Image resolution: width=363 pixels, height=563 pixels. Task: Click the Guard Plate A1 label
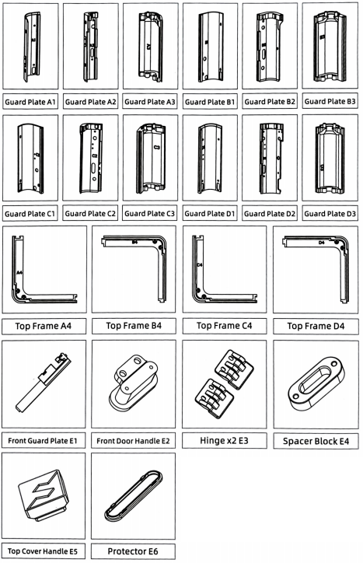click(x=30, y=102)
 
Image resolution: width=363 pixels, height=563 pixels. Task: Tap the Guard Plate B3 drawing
click(x=330, y=47)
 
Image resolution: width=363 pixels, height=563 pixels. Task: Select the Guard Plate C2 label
click(x=90, y=214)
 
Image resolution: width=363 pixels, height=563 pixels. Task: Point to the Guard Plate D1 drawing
click(x=210, y=159)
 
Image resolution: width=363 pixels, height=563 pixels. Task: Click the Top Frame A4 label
click(x=44, y=326)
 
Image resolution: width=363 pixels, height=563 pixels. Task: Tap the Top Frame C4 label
click(x=225, y=326)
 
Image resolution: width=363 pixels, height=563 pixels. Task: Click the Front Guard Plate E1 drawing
click(x=43, y=383)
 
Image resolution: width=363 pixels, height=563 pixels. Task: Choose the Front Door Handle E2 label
click(x=133, y=441)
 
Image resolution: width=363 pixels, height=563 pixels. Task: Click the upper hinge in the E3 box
click(x=234, y=370)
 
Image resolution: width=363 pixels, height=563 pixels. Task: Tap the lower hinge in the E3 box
click(x=215, y=398)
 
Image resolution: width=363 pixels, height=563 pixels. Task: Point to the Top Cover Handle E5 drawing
click(x=44, y=495)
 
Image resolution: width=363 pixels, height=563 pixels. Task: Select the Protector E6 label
click(x=133, y=551)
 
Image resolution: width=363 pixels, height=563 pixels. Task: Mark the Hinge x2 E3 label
click(x=224, y=441)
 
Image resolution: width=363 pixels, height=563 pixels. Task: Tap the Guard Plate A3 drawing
click(x=151, y=45)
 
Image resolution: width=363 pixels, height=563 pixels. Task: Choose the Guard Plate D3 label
click(x=330, y=214)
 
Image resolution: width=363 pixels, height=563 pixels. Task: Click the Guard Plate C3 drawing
click(x=151, y=158)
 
